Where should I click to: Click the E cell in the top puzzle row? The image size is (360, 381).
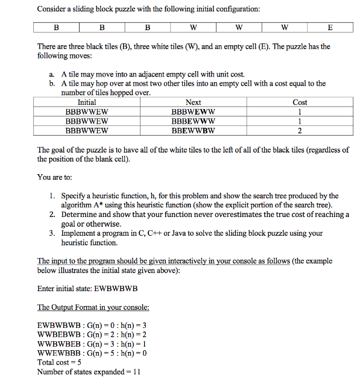pos(329,27)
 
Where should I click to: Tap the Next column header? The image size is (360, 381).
pos(193,102)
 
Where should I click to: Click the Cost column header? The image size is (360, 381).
pos(300,102)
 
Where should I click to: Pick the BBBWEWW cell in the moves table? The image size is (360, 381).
pos(193,112)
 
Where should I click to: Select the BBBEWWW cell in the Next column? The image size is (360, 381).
pos(193,121)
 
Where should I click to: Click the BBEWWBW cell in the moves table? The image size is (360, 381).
pos(193,130)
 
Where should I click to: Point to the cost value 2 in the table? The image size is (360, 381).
pos(300,130)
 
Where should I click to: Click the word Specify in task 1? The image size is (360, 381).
pos(75,196)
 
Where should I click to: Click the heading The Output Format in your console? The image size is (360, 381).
pos(93,307)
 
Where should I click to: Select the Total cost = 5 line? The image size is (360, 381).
pos(58,362)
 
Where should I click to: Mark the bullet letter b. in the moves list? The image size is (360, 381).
pos(53,84)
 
